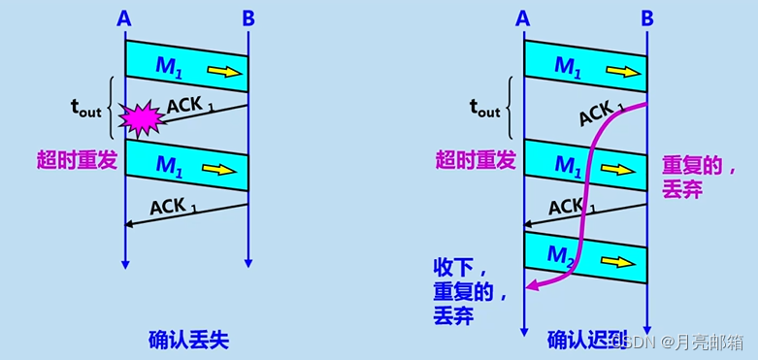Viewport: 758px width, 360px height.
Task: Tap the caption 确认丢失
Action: pos(188,340)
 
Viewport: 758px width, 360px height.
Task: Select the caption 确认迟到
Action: pos(587,340)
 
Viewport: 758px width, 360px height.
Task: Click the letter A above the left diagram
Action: pos(124,18)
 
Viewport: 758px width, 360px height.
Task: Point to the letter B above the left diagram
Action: pos(248,18)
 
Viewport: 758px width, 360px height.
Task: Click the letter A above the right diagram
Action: pos(523,18)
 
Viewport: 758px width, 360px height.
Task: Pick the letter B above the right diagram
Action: pos(647,18)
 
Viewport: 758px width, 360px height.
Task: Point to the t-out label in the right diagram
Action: pos(484,109)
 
